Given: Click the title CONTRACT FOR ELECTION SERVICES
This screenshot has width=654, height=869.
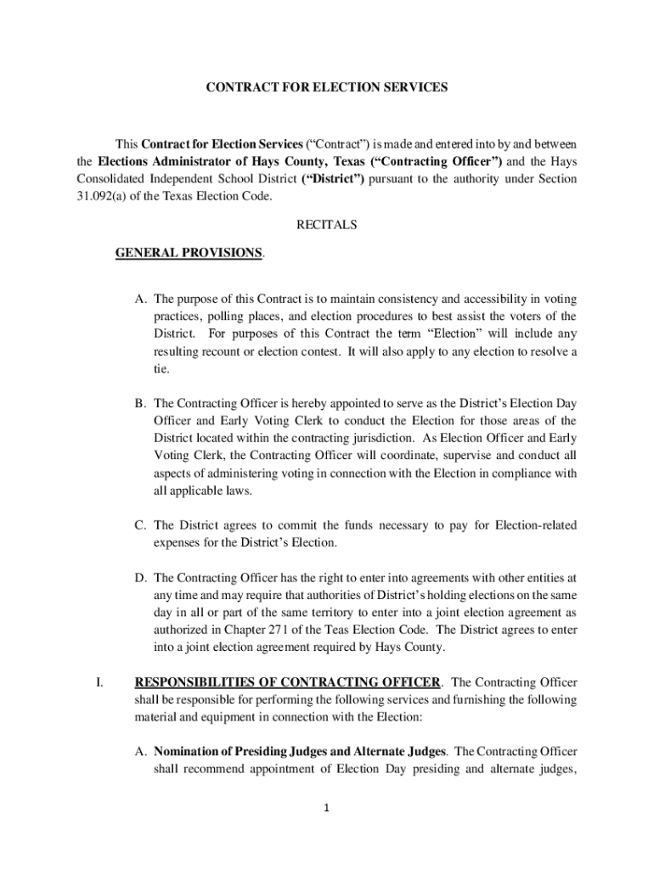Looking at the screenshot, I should (x=326, y=87).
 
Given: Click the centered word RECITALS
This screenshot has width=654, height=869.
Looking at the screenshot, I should (x=326, y=225).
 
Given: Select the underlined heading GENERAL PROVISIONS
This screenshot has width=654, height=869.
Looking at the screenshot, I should (x=189, y=253).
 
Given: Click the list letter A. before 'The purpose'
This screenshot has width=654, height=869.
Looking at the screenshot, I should (x=140, y=299).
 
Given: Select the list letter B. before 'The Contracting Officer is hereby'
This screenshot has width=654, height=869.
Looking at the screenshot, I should (x=140, y=402).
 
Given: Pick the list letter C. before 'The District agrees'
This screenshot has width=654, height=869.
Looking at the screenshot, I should (x=140, y=525).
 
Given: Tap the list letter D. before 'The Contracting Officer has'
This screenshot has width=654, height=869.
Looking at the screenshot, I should (x=140, y=578).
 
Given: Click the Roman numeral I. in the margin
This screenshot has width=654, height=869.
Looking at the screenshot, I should (x=99, y=682).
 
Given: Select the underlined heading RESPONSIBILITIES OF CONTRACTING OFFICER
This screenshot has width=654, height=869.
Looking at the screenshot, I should (x=288, y=682).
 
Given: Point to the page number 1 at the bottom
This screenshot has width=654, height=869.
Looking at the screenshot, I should (x=326, y=808).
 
